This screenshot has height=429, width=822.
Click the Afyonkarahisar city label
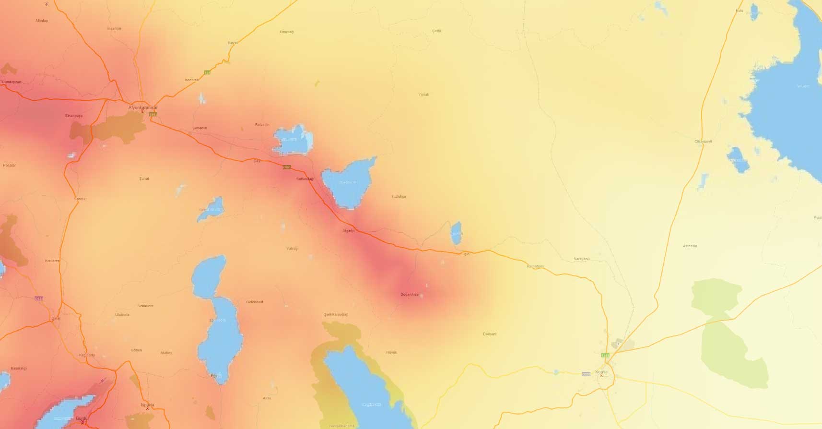click(x=143, y=107)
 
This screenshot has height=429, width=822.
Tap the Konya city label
click(x=601, y=372)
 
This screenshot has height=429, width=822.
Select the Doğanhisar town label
click(x=410, y=294)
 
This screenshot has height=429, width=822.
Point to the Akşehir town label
click(x=349, y=231)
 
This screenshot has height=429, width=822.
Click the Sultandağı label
click(x=305, y=179)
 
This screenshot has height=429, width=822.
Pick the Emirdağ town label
click(x=286, y=32)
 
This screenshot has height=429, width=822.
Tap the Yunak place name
click(x=423, y=95)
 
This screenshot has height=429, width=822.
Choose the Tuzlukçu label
click(x=398, y=196)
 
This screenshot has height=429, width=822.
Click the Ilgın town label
click(x=466, y=254)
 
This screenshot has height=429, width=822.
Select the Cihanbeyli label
click(x=703, y=142)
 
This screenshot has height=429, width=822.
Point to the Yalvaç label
click(x=292, y=249)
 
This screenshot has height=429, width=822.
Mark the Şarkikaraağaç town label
click(x=336, y=314)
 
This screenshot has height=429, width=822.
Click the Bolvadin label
click(x=262, y=125)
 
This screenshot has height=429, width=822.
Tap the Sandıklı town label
click(x=81, y=199)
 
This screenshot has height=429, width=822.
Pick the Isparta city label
click(x=147, y=405)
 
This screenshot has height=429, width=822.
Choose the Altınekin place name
click(x=690, y=246)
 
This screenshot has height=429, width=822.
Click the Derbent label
click(x=490, y=334)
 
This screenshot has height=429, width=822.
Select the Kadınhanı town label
click(x=535, y=266)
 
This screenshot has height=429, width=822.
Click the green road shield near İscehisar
click(x=207, y=72)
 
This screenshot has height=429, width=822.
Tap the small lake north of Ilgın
click(x=456, y=233)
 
